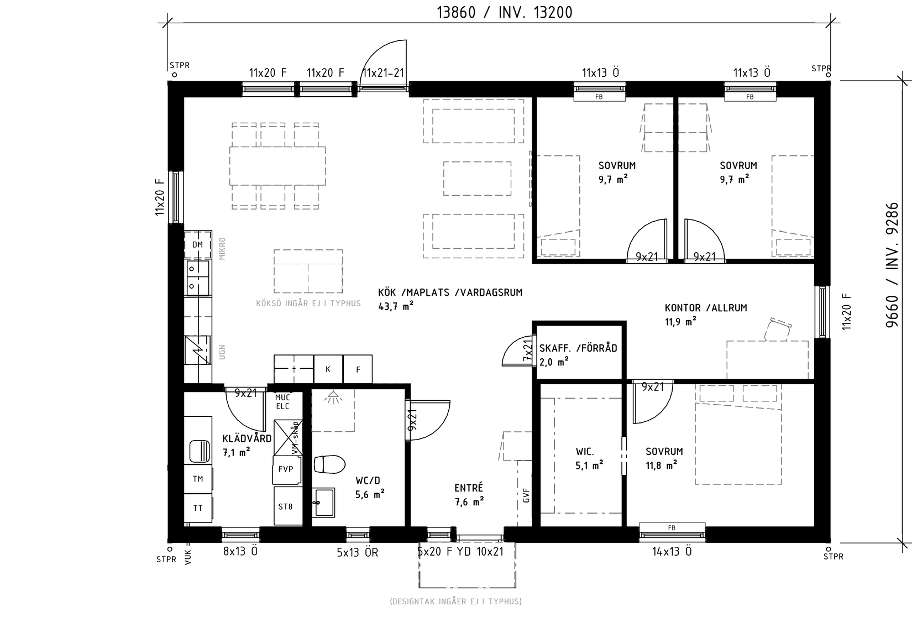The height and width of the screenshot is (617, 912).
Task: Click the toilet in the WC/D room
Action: pos(329,464)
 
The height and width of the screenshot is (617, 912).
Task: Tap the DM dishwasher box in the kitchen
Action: pos(198,244)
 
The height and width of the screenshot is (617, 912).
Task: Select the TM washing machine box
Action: pos(198,479)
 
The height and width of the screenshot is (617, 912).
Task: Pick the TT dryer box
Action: pos(198,508)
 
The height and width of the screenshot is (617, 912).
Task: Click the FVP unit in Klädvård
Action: pos(287,469)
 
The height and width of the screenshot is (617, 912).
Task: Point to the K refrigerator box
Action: pos(328,369)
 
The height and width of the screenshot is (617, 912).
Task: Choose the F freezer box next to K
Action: pos(358,369)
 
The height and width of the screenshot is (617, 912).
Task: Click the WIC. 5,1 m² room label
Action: pos(589,458)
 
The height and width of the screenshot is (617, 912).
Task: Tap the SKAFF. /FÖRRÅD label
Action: pos(578,348)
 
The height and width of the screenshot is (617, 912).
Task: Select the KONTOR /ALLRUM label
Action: pos(706,308)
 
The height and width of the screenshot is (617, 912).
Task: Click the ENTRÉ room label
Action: pos(469,488)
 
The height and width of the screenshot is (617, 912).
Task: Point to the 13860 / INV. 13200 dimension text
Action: pos(505,13)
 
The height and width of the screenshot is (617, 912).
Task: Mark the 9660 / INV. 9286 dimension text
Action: pos(892,265)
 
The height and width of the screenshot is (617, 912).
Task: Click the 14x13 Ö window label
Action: pos(672,551)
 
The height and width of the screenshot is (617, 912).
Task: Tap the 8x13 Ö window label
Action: pos(240,551)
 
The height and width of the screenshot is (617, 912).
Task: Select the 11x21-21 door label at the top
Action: pos(383,73)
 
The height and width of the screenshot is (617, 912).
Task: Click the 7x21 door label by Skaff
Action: pos(527,350)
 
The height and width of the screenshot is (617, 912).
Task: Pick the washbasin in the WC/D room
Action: pos(323,503)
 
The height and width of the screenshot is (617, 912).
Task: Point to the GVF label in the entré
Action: pos(526,495)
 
